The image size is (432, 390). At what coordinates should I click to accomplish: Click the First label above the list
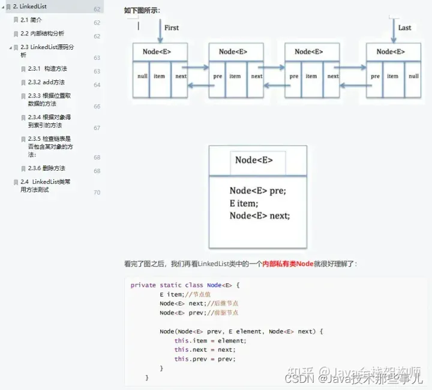pyautogui.click(x=172, y=28)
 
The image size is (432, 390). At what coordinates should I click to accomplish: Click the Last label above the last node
pyautogui.click(x=404, y=28)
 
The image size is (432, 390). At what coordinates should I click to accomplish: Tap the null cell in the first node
pyautogui.click(x=142, y=77)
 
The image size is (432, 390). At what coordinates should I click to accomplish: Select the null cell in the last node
pyautogui.click(x=413, y=77)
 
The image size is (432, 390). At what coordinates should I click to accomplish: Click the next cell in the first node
pyautogui.click(x=181, y=77)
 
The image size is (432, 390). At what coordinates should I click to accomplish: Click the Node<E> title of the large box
pyautogui.click(x=254, y=160)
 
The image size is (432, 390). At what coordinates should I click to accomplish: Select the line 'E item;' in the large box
pyautogui.click(x=243, y=203)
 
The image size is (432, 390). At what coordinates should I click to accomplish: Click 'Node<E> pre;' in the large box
pyautogui.click(x=257, y=191)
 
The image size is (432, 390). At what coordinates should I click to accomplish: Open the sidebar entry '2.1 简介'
pyautogui.click(x=31, y=20)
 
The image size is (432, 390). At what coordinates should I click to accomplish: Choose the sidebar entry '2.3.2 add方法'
pyautogui.click(x=46, y=82)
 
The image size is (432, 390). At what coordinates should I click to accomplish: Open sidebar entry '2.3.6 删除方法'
pyautogui.click(x=46, y=168)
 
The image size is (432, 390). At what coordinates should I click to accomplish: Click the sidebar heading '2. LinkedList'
pyautogui.click(x=29, y=7)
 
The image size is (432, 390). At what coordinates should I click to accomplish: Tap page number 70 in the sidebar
pyautogui.click(x=97, y=193)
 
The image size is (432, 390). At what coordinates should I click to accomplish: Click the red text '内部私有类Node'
pyautogui.click(x=288, y=264)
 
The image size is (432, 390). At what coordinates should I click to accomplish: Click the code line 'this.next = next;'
pyautogui.click(x=205, y=349)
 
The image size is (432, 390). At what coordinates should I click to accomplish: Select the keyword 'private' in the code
pyautogui.click(x=143, y=285)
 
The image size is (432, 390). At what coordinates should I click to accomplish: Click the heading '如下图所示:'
pyautogui.click(x=142, y=10)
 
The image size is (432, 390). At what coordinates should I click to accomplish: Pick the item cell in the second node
pyautogui.click(x=235, y=77)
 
